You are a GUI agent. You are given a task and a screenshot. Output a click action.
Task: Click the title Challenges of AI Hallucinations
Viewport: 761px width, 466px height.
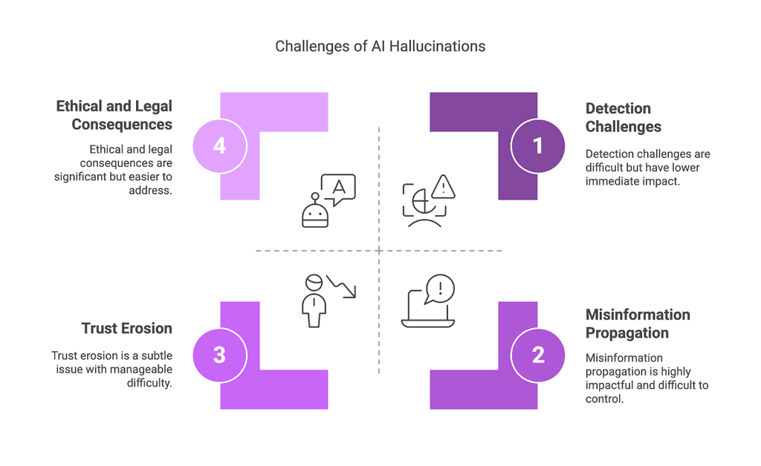[x=380, y=46]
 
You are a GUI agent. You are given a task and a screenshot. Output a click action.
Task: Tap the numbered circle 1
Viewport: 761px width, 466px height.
[x=538, y=145]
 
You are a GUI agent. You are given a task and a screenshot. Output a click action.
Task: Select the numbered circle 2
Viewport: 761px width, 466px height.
[x=538, y=355]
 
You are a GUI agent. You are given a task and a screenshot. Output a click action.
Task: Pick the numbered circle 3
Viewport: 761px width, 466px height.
[x=219, y=355]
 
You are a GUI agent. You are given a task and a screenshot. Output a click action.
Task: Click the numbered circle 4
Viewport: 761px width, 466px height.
[x=219, y=145]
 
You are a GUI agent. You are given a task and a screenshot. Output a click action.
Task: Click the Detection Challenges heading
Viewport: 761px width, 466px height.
[x=623, y=117]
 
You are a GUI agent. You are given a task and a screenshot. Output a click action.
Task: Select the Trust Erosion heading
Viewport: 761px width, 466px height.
[x=126, y=328]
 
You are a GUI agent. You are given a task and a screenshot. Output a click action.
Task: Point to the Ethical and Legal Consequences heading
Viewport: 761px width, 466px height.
[x=114, y=115]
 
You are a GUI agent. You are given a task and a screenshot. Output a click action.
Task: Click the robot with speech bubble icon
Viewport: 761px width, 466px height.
[x=327, y=200]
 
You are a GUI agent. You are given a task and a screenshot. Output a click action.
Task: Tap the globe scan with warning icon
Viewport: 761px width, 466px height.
[x=428, y=200]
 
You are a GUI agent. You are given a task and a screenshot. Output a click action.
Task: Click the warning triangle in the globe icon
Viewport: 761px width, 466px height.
[x=444, y=187]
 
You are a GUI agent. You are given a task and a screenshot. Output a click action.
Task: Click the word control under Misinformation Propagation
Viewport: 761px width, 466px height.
[x=604, y=398]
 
